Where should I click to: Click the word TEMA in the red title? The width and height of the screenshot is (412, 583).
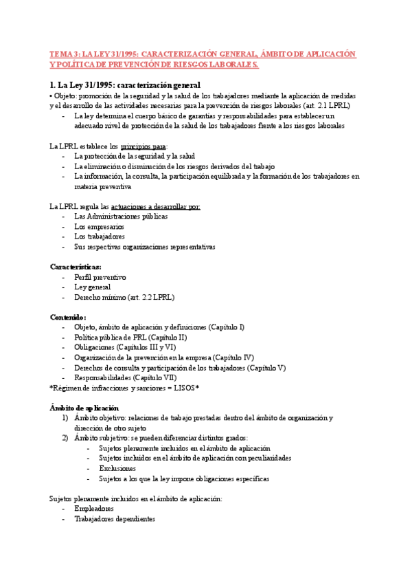62,54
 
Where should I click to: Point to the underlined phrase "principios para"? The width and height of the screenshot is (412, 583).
143,147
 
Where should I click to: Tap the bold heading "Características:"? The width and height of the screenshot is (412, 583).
76,267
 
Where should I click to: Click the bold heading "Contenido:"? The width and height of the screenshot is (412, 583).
68,317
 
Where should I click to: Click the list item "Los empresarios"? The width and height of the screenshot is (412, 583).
99,226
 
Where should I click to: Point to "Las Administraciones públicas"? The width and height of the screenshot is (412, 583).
121,217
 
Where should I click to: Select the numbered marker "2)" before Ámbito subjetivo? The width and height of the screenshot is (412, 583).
65,438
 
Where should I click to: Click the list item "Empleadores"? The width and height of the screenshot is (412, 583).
94,509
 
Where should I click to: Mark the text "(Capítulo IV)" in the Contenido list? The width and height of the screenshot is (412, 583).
233,357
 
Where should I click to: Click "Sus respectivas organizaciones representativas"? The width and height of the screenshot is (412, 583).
144,247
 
